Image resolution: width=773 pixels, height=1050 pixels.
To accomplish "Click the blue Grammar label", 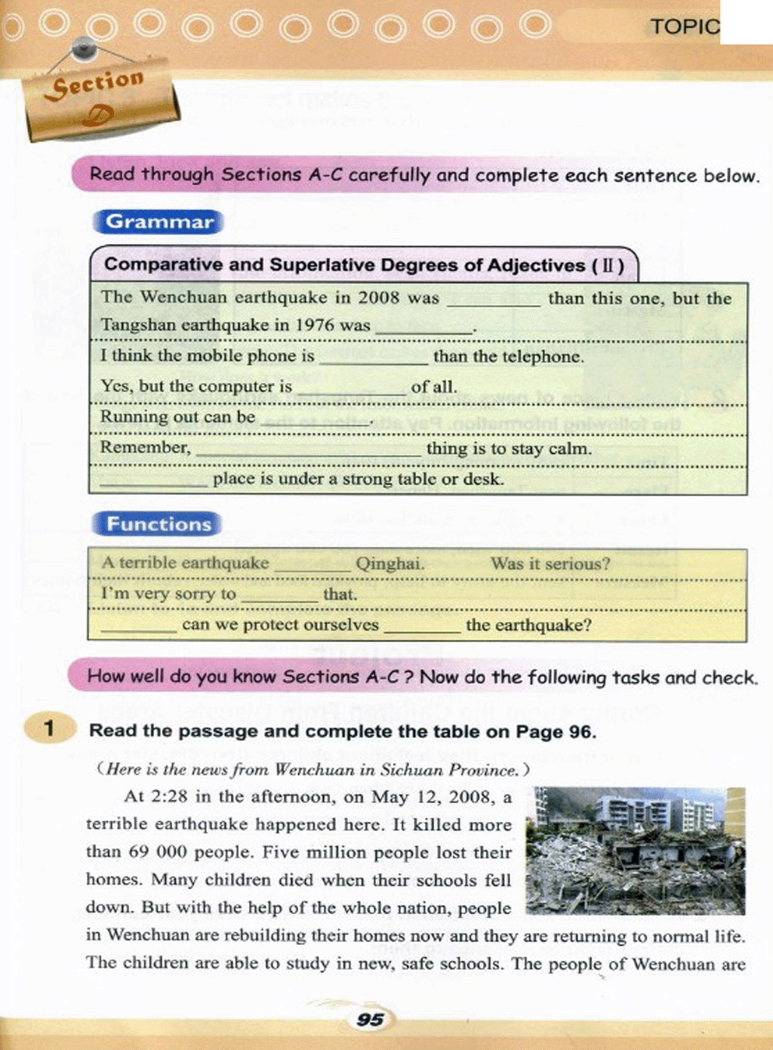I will pos(159,222).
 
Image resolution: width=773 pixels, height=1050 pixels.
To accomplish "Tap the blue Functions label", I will pos(158,524).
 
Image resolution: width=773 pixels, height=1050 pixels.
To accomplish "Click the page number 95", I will pos(370,1020).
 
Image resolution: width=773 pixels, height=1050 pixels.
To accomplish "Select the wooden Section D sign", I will pos(100,99).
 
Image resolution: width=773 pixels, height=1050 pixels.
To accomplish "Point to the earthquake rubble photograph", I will pos(635,851).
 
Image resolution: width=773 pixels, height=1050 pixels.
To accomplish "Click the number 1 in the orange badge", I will pos(50,729).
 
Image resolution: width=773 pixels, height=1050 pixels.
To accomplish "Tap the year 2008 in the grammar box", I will pos(378,298).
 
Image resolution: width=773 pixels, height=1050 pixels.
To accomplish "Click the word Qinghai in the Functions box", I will pos(390,564).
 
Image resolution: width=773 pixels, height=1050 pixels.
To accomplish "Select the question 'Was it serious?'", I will pos(550,564).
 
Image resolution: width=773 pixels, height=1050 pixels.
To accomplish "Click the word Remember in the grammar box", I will pos(145,448).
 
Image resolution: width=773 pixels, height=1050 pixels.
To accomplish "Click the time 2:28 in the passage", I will pos(170,797).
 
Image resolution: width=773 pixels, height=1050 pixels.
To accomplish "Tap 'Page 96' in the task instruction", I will pos(556,731).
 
